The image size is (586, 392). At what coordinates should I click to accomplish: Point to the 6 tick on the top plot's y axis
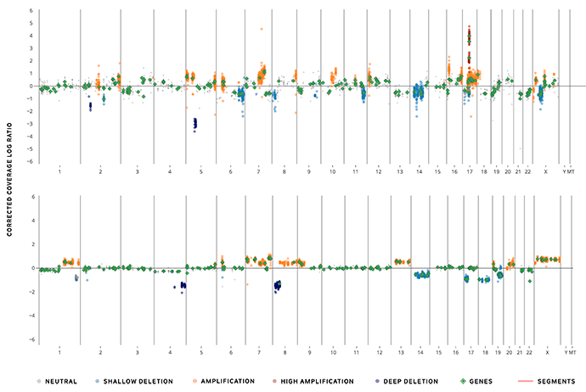[31, 11]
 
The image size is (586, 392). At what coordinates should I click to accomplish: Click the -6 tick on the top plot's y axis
[31, 162]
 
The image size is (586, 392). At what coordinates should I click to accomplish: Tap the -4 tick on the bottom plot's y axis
[31, 316]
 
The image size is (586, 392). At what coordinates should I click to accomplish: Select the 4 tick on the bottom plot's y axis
[31, 221]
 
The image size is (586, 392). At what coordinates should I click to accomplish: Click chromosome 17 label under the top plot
[469, 171]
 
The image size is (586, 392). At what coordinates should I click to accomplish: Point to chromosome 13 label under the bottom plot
[399, 350]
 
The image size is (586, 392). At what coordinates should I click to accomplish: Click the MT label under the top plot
[572, 171]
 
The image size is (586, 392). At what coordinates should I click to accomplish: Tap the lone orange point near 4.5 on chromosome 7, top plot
[262, 29]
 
